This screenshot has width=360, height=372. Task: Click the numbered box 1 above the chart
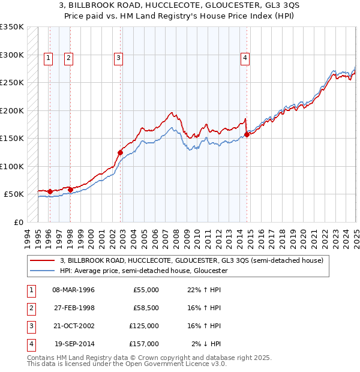click(48, 58)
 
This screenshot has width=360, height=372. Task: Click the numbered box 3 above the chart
click(119, 58)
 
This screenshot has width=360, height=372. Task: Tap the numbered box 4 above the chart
click(245, 58)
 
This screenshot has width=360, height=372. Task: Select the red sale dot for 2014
click(247, 134)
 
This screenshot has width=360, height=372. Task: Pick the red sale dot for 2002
click(121, 152)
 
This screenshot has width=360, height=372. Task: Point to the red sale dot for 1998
click(70, 190)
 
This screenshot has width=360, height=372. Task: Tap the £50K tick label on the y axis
click(14, 194)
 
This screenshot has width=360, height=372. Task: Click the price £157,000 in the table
click(145, 344)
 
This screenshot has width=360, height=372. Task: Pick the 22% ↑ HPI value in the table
click(203, 290)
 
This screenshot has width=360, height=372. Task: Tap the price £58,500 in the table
click(145, 308)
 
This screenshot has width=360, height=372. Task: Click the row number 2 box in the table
click(29, 308)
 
